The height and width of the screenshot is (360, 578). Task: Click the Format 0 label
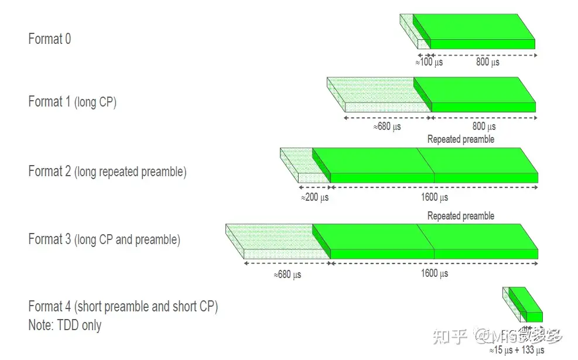click(x=50, y=39)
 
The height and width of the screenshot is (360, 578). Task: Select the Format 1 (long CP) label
click(x=72, y=102)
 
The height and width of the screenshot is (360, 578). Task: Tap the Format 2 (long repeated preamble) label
click(x=107, y=172)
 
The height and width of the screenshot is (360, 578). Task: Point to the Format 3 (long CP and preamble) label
click(x=104, y=239)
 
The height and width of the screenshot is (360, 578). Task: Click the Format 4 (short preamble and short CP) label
click(x=123, y=307)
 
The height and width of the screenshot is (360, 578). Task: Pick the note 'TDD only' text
click(x=64, y=325)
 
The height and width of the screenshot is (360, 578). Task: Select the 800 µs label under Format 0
click(x=487, y=62)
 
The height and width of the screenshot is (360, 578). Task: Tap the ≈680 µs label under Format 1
click(x=387, y=126)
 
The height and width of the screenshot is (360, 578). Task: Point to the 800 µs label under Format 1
click(x=484, y=126)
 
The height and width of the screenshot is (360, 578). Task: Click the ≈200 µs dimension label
click(x=314, y=197)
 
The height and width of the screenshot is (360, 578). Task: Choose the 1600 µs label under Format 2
click(x=435, y=197)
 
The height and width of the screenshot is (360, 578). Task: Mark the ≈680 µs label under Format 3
click(x=287, y=275)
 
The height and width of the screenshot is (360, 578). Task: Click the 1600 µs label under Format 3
click(x=435, y=273)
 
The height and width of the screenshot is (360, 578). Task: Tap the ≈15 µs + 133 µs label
click(x=517, y=350)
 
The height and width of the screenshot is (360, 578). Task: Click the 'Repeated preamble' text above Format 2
click(x=461, y=139)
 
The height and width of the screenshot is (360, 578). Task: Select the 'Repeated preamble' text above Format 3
click(x=461, y=216)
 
